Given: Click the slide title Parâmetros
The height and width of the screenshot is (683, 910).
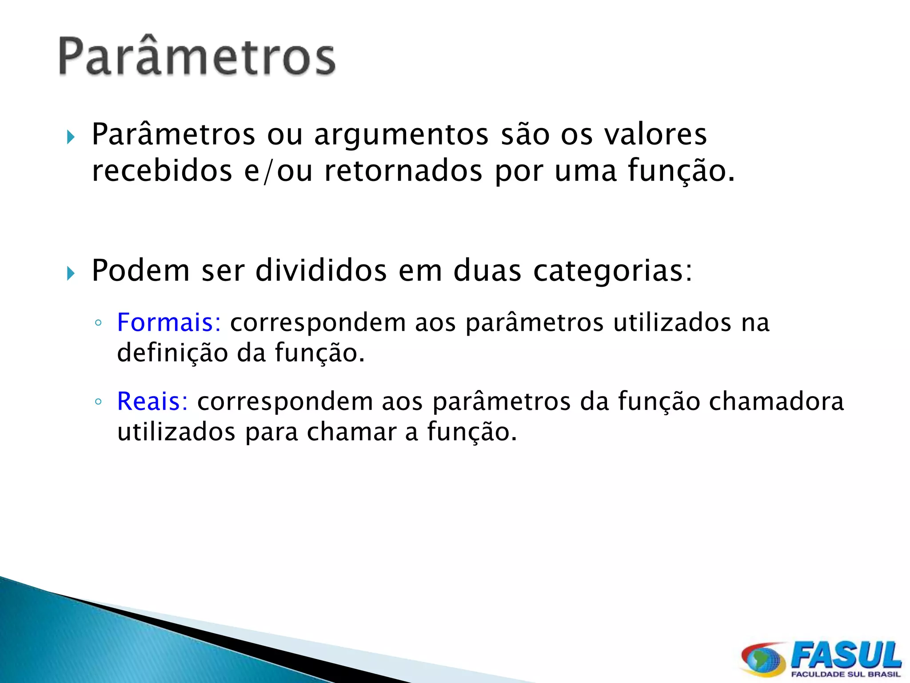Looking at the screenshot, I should pos(197,56).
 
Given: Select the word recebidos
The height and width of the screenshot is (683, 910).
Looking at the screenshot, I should pos(162,171).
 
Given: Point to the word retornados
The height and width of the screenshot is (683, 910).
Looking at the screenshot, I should pos(403,171).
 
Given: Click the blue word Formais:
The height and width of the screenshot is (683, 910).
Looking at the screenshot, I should pos(169,322).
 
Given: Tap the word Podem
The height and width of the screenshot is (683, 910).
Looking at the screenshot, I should pos(140,270).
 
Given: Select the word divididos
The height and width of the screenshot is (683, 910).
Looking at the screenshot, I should pos(321,270).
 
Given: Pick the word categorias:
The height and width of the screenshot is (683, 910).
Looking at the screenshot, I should pos(613,271).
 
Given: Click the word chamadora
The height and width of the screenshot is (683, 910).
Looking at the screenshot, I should pos(776,402).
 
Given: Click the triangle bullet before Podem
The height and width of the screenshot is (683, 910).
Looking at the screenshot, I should pos(71,273).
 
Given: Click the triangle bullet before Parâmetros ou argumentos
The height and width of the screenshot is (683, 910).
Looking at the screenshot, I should pos(71,137).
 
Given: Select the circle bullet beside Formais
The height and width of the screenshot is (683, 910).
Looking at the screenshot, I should pos(98,323).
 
